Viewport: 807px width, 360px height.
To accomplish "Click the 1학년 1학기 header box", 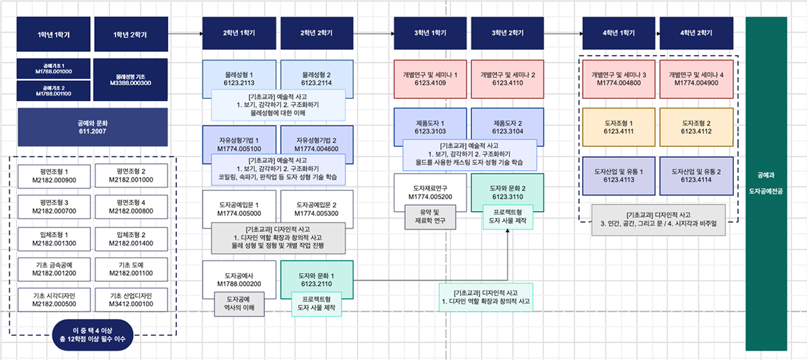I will (54, 33).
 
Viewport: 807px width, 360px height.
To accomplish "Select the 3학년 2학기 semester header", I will (508, 33).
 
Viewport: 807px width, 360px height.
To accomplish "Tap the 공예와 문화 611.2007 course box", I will (92, 127).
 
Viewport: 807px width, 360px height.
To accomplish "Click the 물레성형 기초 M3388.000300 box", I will (132, 79).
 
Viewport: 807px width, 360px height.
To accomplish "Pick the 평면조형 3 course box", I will (54, 207).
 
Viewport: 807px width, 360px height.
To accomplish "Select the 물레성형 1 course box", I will (240, 75).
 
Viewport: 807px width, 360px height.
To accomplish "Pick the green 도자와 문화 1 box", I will (317, 275).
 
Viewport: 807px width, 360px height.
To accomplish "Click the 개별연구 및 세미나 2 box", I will (508, 75).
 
